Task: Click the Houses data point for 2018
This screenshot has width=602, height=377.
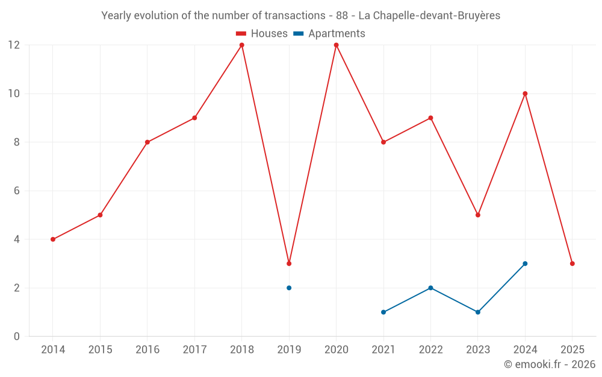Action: point(242,45)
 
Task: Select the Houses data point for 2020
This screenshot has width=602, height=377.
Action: point(336,45)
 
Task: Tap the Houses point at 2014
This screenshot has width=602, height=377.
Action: point(53,239)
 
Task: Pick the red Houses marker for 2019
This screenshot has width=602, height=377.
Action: point(289,264)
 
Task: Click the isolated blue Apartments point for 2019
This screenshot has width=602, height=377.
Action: point(289,288)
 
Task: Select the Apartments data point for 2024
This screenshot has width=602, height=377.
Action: point(525,264)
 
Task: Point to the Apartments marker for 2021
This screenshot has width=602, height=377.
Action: point(383,312)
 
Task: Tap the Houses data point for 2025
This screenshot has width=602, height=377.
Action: point(572,264)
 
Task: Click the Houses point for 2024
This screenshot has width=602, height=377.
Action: point(525,93)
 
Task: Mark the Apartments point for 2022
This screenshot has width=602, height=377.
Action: point(430,288)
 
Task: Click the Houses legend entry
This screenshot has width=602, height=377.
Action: point(262,34)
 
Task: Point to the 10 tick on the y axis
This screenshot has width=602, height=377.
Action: point(13,93)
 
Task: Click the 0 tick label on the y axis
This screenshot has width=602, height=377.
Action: point(17,336)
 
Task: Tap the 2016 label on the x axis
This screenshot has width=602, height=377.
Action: point(147,350)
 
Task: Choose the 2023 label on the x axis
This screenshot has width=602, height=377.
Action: point(478,350)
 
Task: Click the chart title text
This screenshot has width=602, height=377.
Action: point(300,16)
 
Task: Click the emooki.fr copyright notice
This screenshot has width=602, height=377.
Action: point(549,364)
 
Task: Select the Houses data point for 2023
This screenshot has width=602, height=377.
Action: point(478,215)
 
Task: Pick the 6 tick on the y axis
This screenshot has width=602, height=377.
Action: point(17,191)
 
